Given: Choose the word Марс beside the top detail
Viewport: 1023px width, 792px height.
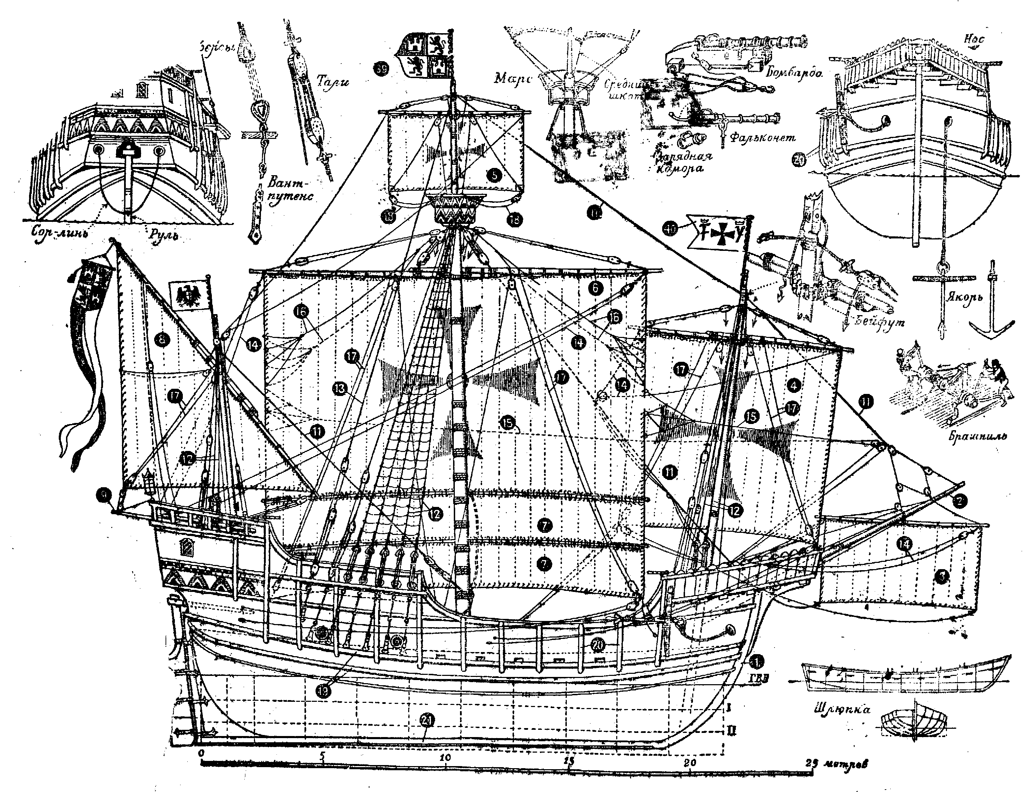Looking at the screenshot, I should [x=513, y=78].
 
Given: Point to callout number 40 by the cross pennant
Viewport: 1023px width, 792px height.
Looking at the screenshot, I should [x=671, y=229].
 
